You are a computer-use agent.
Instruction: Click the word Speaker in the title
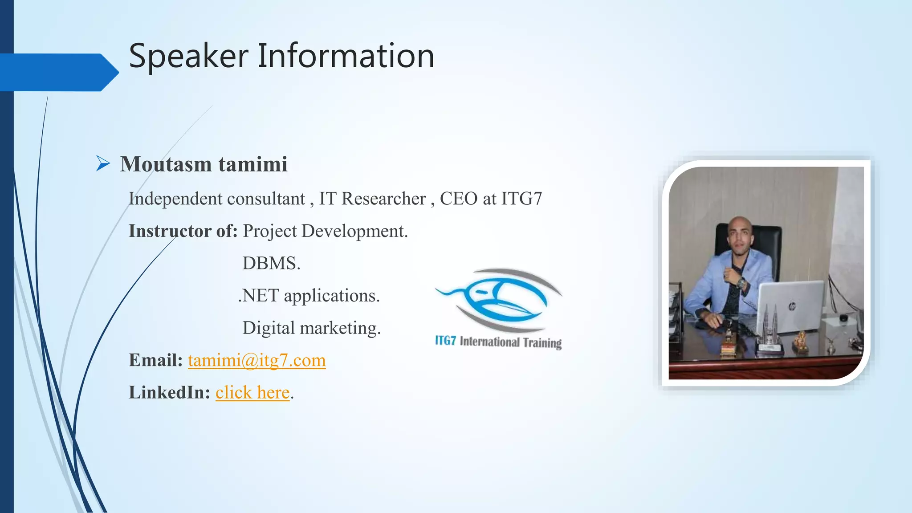(x=188, y=56)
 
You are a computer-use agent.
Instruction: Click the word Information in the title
(x=346, y=56)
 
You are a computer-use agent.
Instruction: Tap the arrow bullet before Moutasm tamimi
(x=103, y=164)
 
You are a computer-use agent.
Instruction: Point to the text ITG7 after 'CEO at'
(x=521, y=199)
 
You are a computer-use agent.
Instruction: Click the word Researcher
(x=383, y=199)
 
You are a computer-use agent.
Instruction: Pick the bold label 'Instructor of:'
(x=183, y=231)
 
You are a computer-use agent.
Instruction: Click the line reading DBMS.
(x=271, y=263)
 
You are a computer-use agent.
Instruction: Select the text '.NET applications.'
(x=309, y=296)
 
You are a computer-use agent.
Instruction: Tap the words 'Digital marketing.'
(x=311, y=328)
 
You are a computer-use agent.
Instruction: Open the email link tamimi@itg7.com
(x=256, y=360)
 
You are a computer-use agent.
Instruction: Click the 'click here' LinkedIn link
(x=252, y=393)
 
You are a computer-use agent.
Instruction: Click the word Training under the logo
(x=542, y=342)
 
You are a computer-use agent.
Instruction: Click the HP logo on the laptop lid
(x=791, y=306)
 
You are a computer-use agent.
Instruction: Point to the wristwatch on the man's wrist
(x=741, y=283)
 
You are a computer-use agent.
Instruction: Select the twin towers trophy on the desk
(x=770, y=327)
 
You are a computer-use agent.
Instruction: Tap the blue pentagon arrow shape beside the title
(x=58, y=72)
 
